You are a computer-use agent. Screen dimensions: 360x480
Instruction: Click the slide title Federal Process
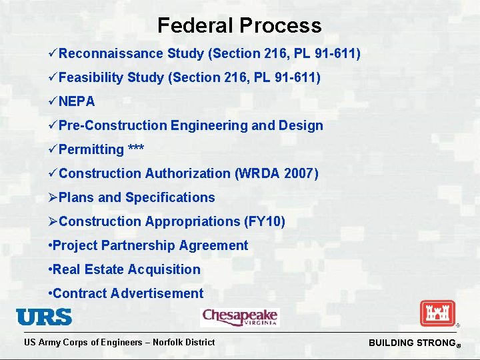[x=239, y=25]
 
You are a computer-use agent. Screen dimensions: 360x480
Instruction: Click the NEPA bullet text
[x=77, y=101]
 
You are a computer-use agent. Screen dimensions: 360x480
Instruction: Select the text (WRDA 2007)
[x=277, y=173]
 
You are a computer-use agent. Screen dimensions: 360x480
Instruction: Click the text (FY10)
[x=265, y=221]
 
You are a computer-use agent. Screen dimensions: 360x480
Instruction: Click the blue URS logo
[x=44, y=317]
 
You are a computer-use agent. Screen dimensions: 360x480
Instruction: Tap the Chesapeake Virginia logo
[x=239, y=317]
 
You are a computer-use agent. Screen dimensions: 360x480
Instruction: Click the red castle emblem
[x=437, y=313]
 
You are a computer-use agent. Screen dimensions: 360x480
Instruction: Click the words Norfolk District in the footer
[x=184, y=342]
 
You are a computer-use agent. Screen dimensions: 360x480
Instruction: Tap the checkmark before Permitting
[x=53, y=149]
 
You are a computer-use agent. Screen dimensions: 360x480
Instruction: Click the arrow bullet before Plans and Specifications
[x=53, y=197]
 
